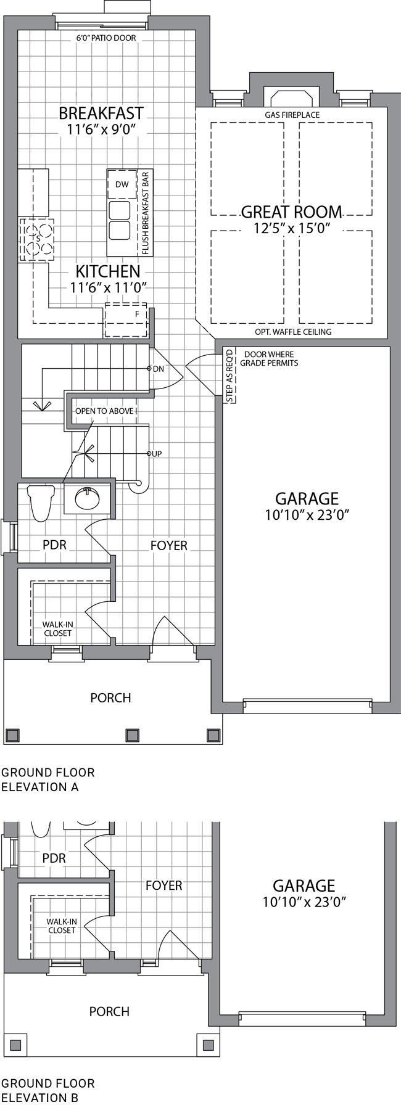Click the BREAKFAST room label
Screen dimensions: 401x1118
pyautogui.click(x=101, y=113)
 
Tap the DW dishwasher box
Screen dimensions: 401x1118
pyautogui.click(x=122, y=184)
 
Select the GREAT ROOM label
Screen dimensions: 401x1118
pyautogui.click(x=291, y=212)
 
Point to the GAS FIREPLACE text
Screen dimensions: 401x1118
pyautogui.click(x=292, y=115)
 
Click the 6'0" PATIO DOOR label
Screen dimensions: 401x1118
pyautogui.click(x=106, y=38)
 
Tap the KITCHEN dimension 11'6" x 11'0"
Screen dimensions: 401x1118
pyautogui.click(x=108, y=287)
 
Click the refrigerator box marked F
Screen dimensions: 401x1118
pyautogui.click(x=126, y=320)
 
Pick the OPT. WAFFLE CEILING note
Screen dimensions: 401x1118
pyautogui.click(x=293, y=332)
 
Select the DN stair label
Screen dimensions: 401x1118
pyautogui.click(x=159, y=369)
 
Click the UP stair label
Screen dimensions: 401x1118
pyautogui.click(x=157, y=454)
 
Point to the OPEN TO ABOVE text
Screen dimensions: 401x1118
pyautogui.click(x=105, y=411)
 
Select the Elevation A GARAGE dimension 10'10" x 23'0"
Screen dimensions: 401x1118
pyautogui.click(x=307, y=516)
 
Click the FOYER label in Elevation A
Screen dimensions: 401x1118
pyautogui.click(x=169, y=546)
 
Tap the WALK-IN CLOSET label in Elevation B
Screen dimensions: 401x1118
pyautogui.click(x=62, y=926)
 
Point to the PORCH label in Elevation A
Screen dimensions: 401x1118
pyautogui.click(x=110, y=698)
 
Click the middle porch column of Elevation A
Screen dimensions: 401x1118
pyautogui.click(x=132, y=735)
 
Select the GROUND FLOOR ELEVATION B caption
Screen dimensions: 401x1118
pyautogui.click(x=48, y=1090)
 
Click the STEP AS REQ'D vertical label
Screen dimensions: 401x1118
pyautogui.click(x=230, y=376)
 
